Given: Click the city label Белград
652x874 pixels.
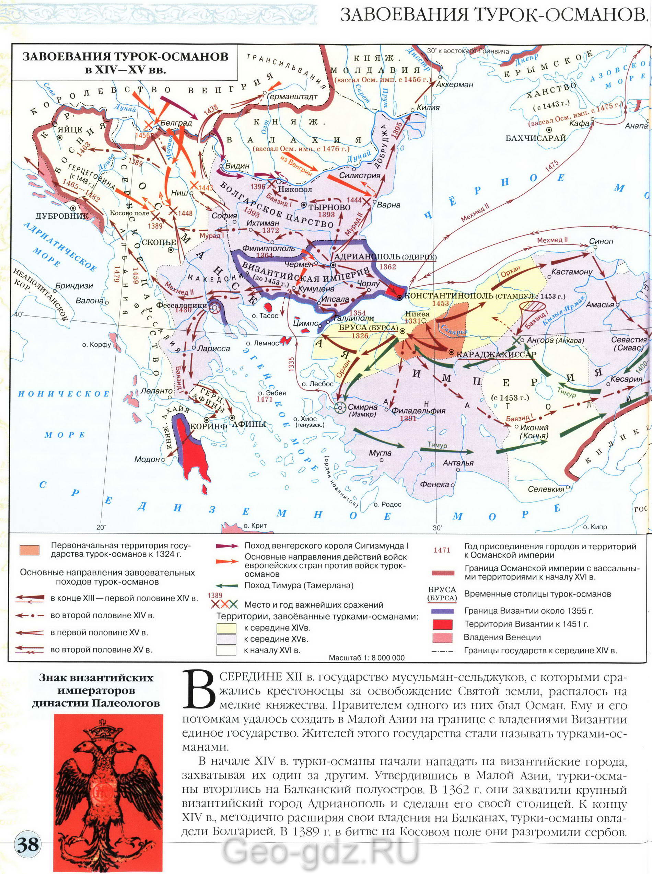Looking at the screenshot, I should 177,123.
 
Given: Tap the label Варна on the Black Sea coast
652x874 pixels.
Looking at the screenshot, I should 388,205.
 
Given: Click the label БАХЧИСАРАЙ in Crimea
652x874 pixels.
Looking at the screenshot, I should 536,138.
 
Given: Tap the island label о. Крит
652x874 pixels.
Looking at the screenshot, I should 255,526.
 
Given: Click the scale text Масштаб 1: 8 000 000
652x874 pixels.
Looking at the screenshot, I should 366,658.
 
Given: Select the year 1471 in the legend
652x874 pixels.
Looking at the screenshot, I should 442,550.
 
